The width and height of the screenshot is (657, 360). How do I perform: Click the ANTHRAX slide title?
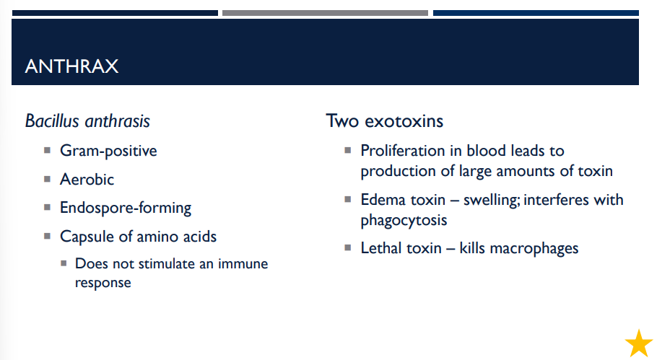(x=71, y=67)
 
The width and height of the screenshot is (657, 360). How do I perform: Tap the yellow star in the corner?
(x=638, y=343)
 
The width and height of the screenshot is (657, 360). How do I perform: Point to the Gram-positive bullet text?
(x=108, y=151)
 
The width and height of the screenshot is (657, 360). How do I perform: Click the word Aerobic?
(x=87, y=179)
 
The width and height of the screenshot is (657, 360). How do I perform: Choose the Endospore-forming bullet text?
(x=126, y=208)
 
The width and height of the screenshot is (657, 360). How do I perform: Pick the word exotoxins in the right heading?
(x=407, y=120)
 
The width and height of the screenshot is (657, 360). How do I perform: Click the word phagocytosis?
(x=404, y=219)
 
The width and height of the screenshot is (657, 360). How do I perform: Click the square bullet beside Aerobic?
(x=47, y=179)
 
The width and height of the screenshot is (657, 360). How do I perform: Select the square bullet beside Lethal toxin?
(x=347, y=247)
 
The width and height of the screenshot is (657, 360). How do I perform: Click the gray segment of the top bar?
(x=325, y=13)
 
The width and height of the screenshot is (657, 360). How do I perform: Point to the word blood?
(x=487, y=151)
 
